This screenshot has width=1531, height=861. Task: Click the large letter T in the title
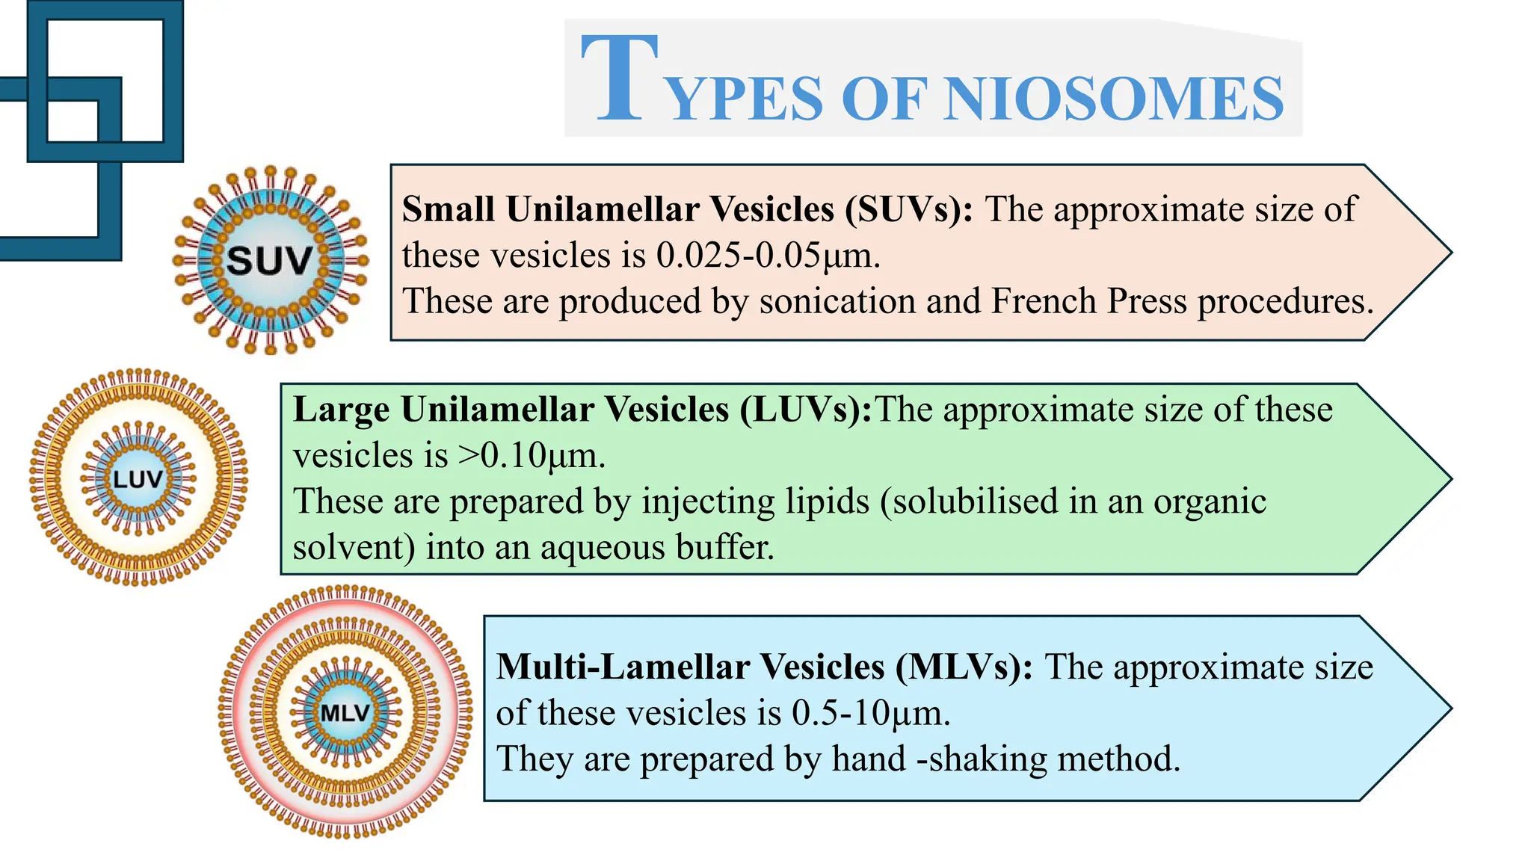pyautogui.click(x=620, y=78)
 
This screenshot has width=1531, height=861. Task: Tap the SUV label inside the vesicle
pyautogui.click(x=269, y=261)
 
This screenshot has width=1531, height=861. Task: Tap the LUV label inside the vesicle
pyautogui.click(x=138, y=479)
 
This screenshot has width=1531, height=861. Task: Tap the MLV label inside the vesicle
pyautogui.click(x=345, y=712)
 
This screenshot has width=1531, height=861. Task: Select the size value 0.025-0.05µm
pyautogui.click(x=767, y=256)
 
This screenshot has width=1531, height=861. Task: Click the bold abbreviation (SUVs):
pyautogui.click(x=909, y=209)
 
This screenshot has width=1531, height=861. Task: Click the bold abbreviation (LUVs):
pyautogui.click(x=806, y=410)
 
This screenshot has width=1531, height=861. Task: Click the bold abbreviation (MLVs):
pyautogui.click(x=964, y=667)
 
